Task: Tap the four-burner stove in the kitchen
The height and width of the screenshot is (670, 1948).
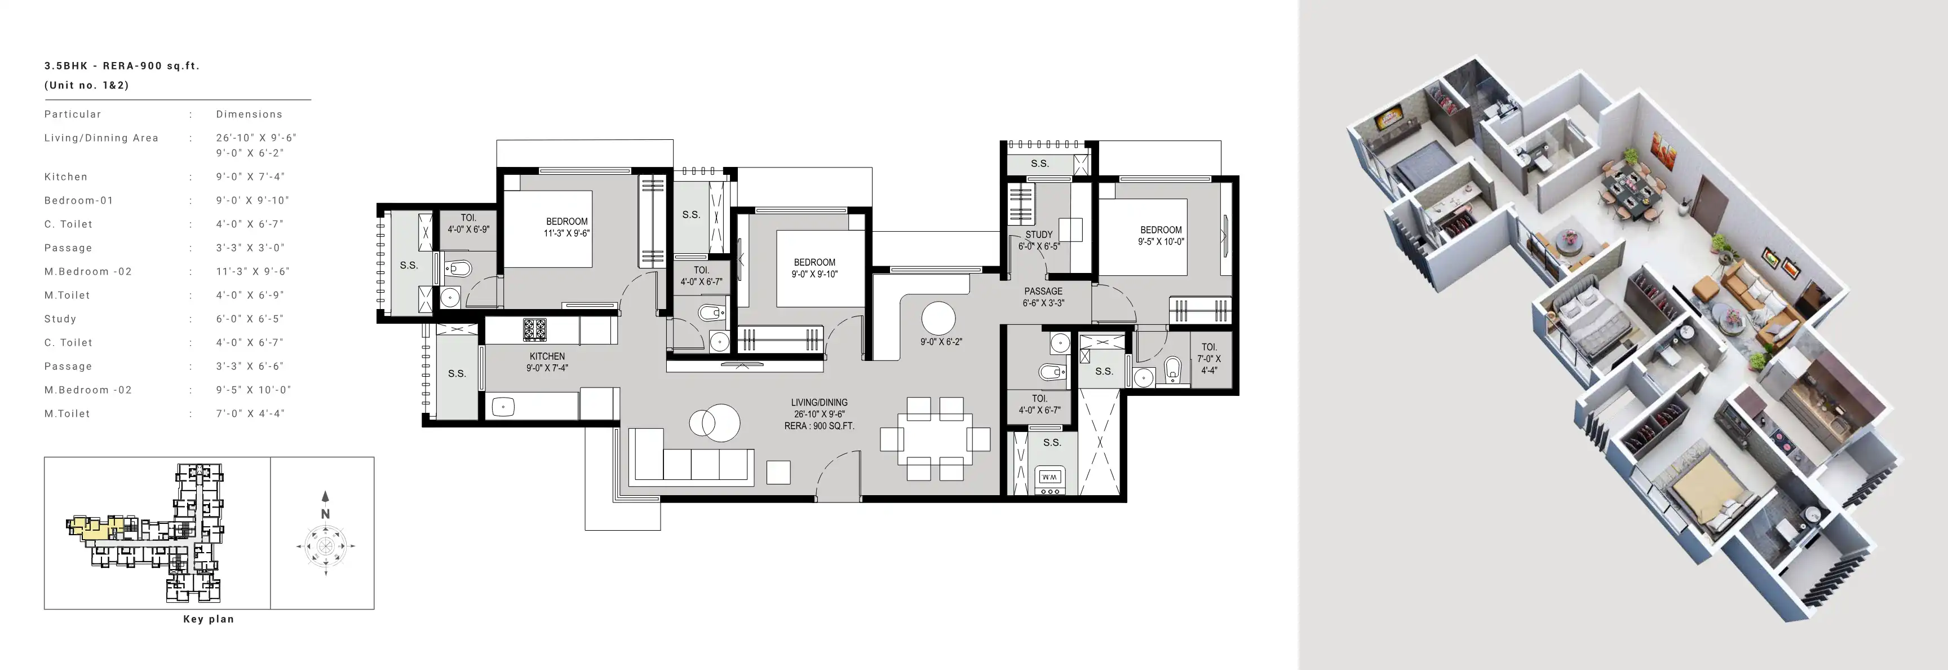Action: [535, 330]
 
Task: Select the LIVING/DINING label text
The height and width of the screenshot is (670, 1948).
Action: [819, 402]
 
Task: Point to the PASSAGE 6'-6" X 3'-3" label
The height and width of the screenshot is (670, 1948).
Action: [1043, 297]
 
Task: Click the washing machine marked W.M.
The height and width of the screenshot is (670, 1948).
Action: [1050, 477]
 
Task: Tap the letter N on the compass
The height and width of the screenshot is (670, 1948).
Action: [325, 513]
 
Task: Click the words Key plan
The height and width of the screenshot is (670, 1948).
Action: [209, 619]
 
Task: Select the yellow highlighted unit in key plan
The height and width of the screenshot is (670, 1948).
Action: [95, 527]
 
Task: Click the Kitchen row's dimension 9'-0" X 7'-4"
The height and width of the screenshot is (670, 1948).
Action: [250, 176]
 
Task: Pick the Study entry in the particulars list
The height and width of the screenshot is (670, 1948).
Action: [60, 319]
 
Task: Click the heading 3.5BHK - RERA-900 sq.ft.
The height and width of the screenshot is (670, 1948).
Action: [122, 66]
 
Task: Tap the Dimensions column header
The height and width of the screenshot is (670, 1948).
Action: [249, 114]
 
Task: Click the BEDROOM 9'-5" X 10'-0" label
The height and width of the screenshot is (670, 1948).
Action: [1161, 236]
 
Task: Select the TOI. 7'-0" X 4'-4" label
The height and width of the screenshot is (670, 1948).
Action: [1208, 359]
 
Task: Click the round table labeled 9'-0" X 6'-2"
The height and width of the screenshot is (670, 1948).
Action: [938, 319]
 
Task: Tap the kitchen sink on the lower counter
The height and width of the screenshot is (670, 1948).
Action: [503, 407]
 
